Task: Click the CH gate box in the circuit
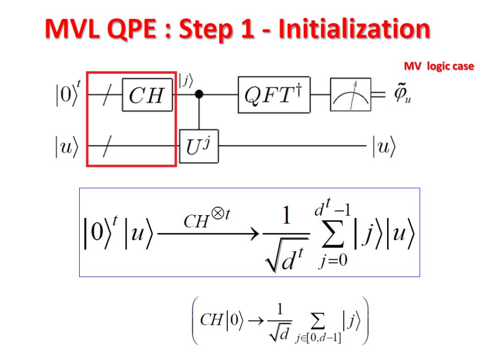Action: [x=147, y=95]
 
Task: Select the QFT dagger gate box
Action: [x=274, y=96]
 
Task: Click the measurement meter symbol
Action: [x=350, y=95]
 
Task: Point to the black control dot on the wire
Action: [x=199, y=95]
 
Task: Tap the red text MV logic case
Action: [x=439, y=67]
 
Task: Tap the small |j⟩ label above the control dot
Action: [x=186, y=81]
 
